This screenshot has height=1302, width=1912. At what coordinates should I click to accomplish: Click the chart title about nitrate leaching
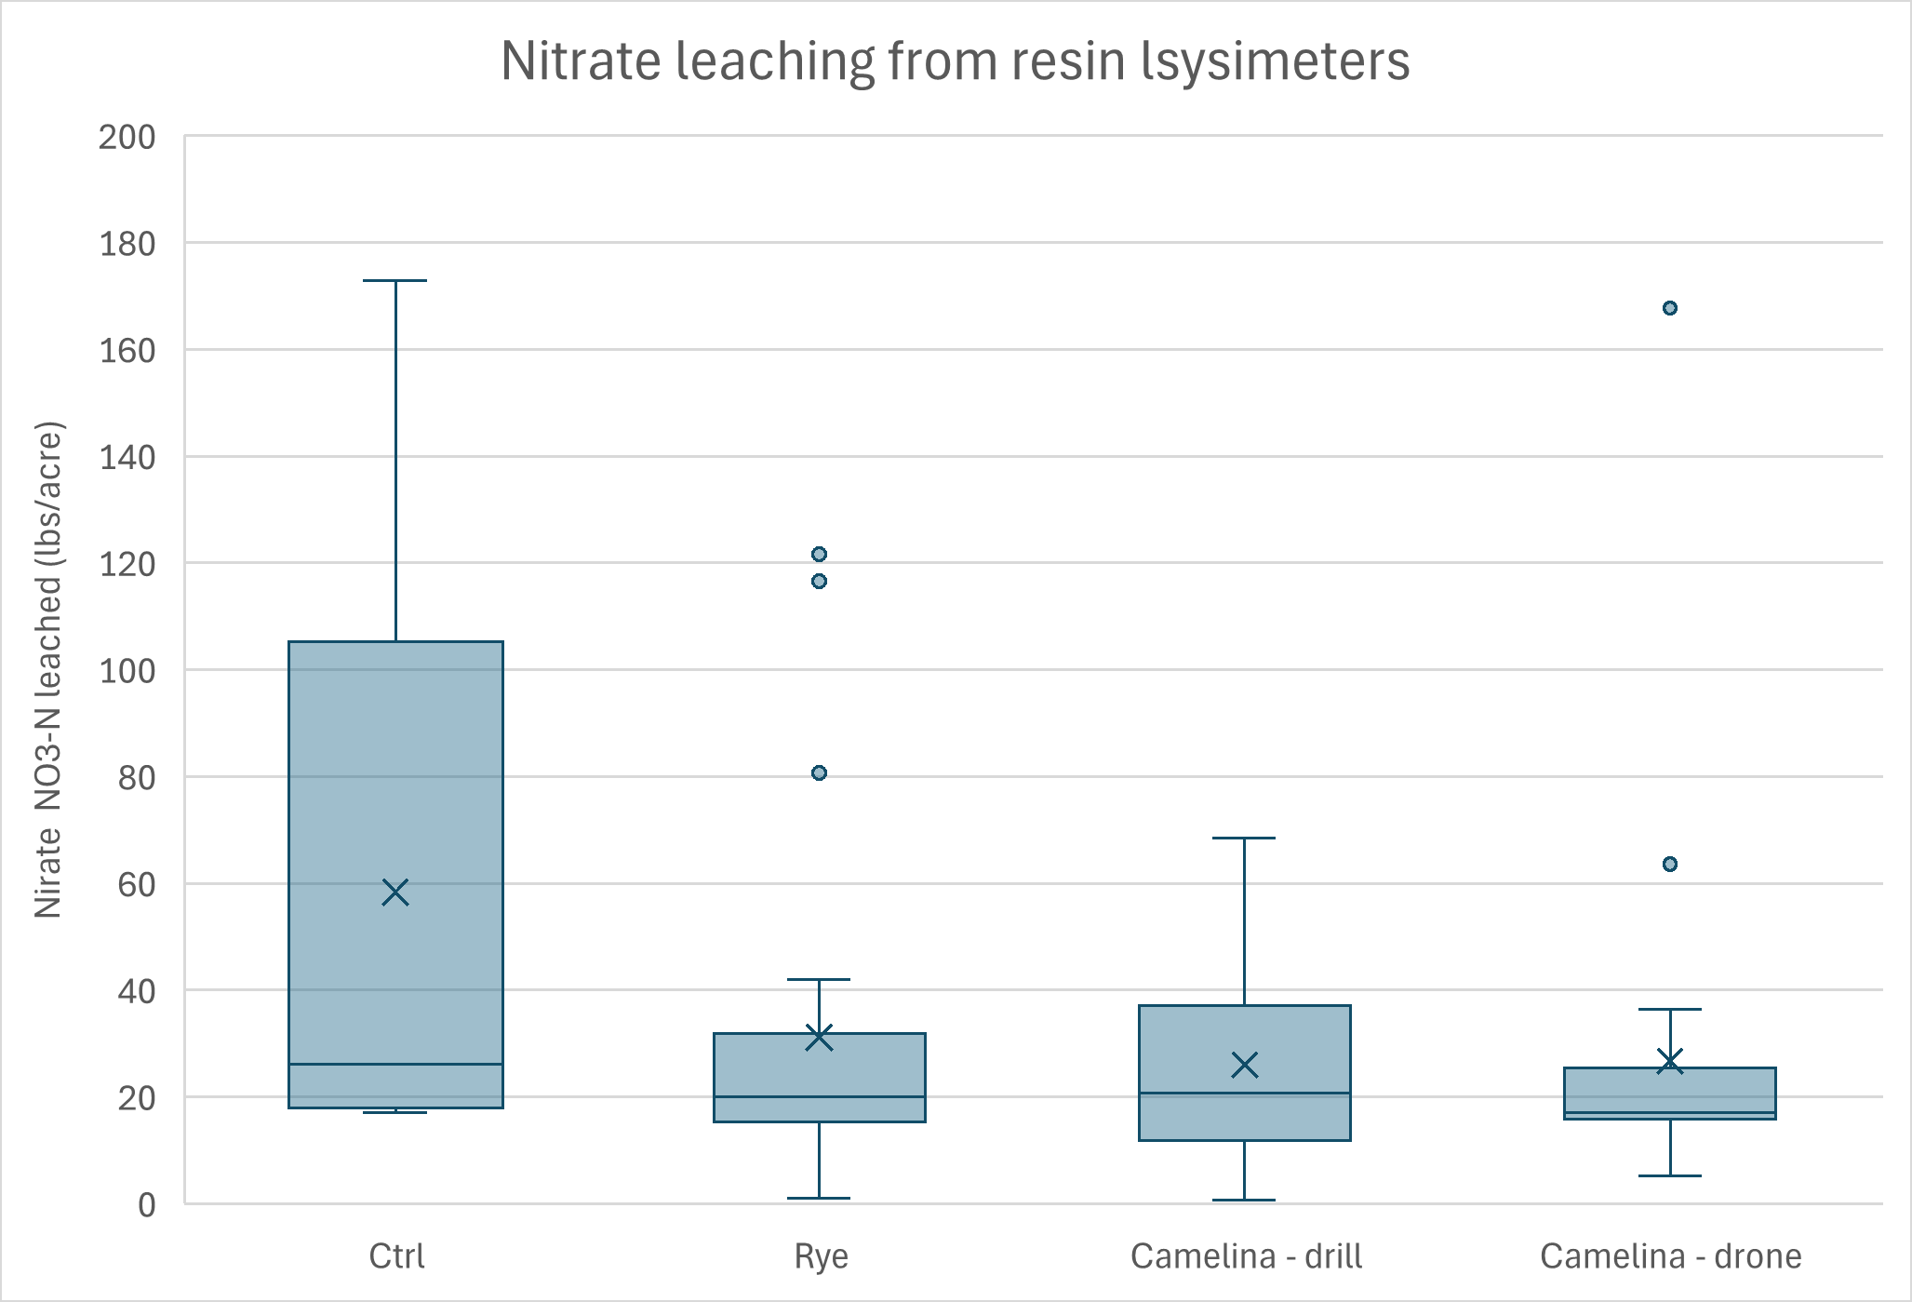pyautogui.click(x=955, y=61)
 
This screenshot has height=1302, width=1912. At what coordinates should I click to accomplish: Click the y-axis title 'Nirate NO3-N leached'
pyautogui.click(x=48, y=670)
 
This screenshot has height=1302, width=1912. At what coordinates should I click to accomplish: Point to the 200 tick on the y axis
pyautogui.click(x=127, y=137)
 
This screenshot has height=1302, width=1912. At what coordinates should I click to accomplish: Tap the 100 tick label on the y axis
pyautogui.click(x=127, y=670)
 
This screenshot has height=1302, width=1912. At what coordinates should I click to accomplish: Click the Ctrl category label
pyautogui.click(x=396, y=1256)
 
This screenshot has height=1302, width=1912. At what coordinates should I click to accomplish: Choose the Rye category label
pyautogui.click(x=821, y=1256)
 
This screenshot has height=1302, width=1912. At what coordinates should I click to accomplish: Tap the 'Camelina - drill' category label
pyautogui.click(x=1246, y=1256)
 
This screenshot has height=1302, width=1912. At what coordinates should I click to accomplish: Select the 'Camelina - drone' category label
pyautogui.click(x=1670, y=1256)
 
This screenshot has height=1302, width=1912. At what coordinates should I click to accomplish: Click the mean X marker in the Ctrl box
pyautogui.click(x=395, y=893)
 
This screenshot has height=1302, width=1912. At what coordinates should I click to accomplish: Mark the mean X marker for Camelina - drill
pyautogui.click(x=1245, y=1066)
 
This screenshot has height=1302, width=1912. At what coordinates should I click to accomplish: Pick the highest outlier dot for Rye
pyautogui.click(x=819, y=555)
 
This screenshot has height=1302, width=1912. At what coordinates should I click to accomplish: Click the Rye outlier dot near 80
pyautogui.click(x=819, y=773)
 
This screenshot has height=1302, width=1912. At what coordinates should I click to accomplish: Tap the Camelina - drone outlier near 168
pyautogui.click(x=1670, y=308)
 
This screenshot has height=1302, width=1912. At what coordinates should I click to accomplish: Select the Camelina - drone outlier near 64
pyautogui.click(x=1670, y=865)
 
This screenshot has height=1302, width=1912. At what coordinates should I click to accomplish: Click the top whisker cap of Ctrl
pyautogui.click(x=395, y=280)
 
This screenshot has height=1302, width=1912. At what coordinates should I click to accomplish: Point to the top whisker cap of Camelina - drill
pyautogui.click(x=1244, y=839)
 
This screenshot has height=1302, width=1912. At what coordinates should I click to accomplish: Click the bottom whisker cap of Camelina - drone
pyautogui.click(x=1670, y=1176)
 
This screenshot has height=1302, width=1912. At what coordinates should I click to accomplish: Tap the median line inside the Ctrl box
pyautogui.click(x=395, y=1064)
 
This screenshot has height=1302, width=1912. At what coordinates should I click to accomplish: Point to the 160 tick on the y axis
pyautogui.click(x=127, y=351)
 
